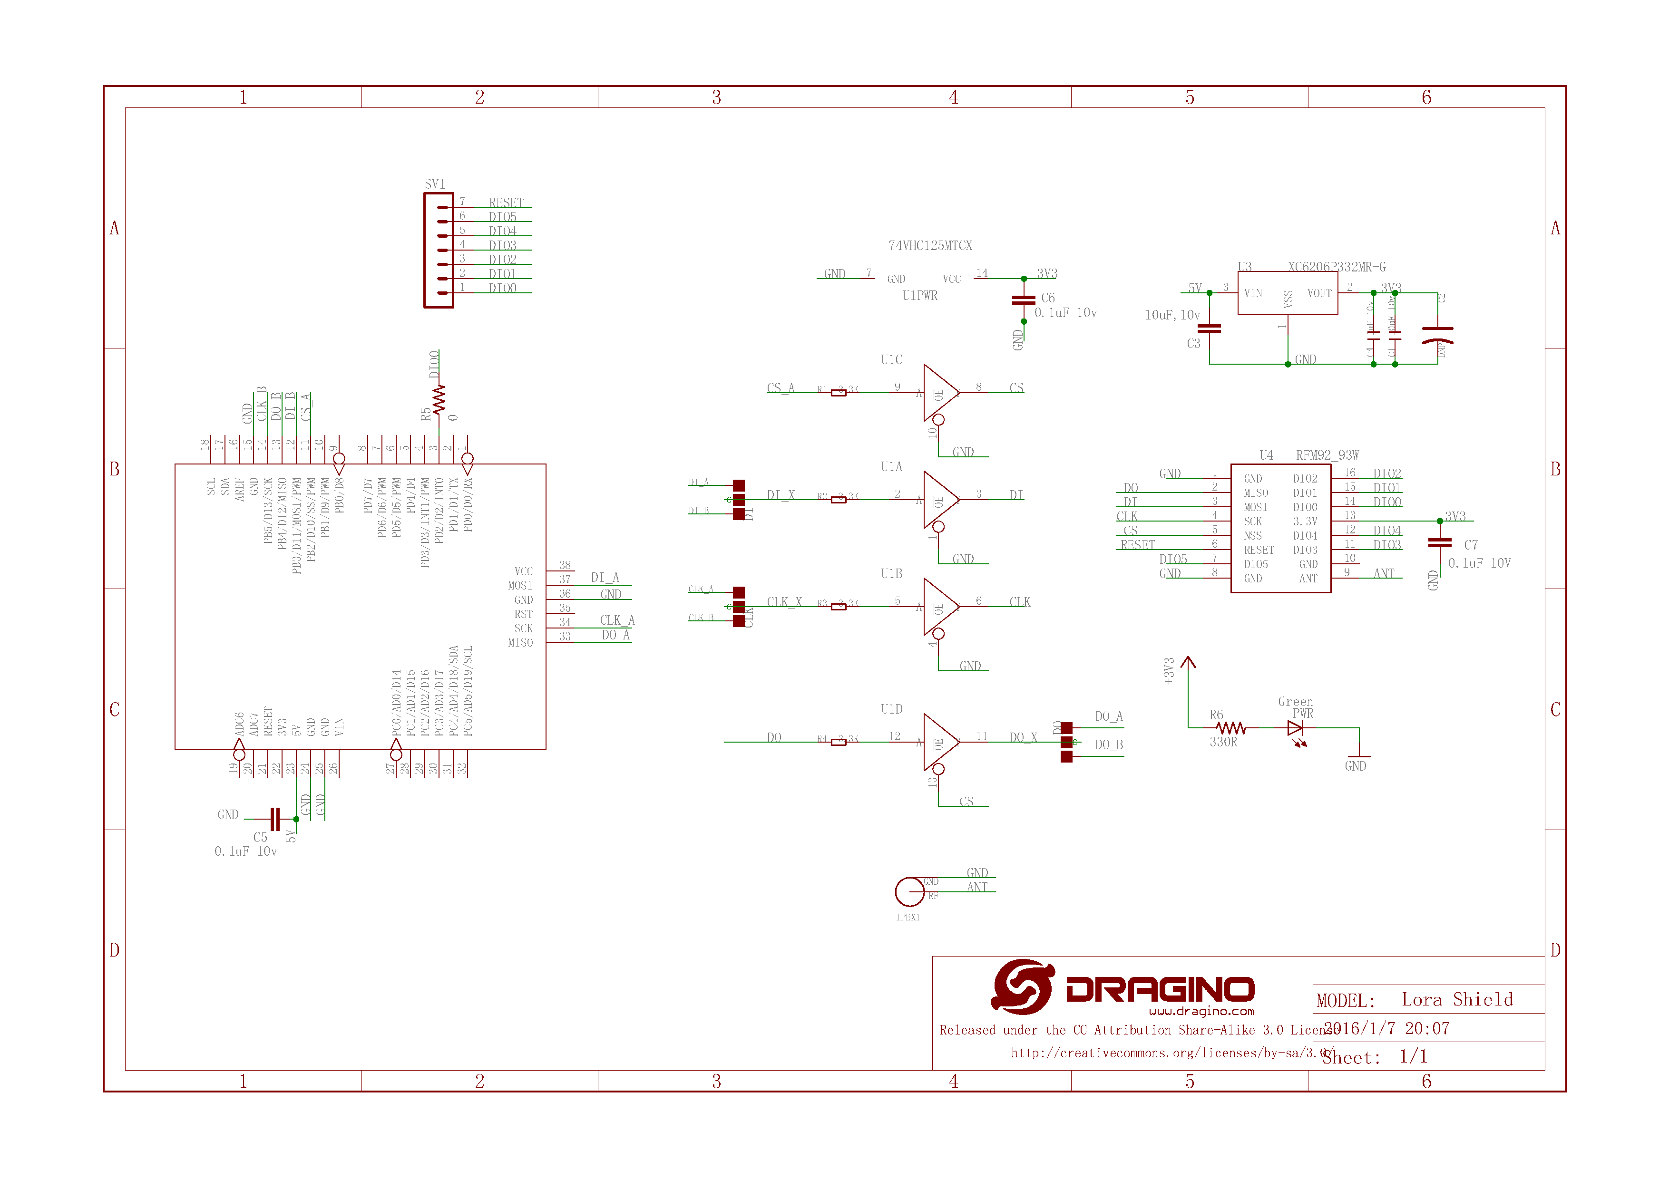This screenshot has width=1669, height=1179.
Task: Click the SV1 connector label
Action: point(435,184)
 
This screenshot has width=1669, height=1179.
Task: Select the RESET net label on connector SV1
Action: point(506,203)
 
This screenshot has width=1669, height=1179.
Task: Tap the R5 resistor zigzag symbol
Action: point(439,399)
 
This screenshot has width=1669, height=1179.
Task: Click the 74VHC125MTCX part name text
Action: point(930,245)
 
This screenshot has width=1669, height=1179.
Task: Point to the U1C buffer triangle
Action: point(940,393)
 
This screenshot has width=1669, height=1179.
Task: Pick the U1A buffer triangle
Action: point(940,500)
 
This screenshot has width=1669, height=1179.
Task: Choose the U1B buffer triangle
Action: point(940,607)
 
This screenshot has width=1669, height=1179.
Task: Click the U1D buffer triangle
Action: point(940,742)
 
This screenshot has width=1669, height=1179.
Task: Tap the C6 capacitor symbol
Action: point(1024,300)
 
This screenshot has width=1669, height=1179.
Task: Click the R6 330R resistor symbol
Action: point(1230,728)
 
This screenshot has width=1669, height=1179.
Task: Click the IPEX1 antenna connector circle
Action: point(909,891)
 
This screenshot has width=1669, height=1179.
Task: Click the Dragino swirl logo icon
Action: point(1023,986)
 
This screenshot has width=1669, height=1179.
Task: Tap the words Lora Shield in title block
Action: point(1457,1000)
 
